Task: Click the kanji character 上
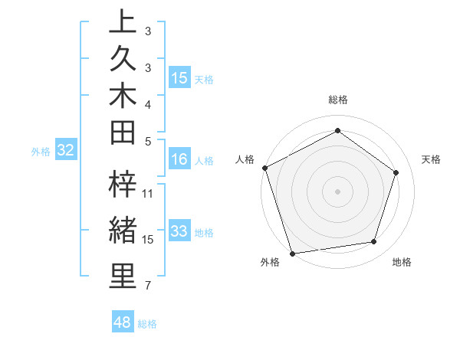point(122,22)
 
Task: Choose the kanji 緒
point(122,231)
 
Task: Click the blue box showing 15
point(179,77)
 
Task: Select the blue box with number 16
point(179,159)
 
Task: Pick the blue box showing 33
point(179,231)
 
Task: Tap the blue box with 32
point(65,150)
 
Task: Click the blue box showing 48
point(122,322)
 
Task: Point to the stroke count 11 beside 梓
point(148,193)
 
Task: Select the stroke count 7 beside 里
point(147,286)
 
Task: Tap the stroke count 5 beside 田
point(147,141)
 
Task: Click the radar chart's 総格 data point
point(337,130)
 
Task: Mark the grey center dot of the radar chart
point(337,191)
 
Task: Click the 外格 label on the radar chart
point(270,262)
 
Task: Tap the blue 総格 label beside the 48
point(147,324)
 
